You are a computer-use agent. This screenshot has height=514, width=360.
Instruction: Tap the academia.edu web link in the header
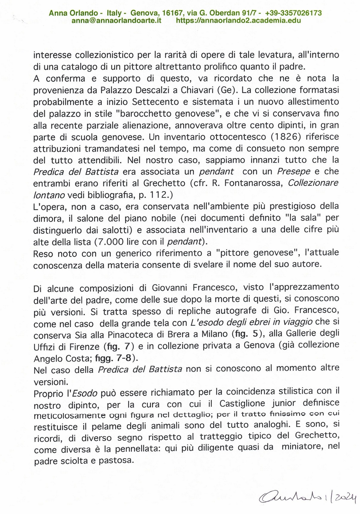[x=238, y=21]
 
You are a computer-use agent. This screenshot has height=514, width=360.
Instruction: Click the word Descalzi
[x=132, y=90]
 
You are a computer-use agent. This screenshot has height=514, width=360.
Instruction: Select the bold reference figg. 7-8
[x=114, y=357]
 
